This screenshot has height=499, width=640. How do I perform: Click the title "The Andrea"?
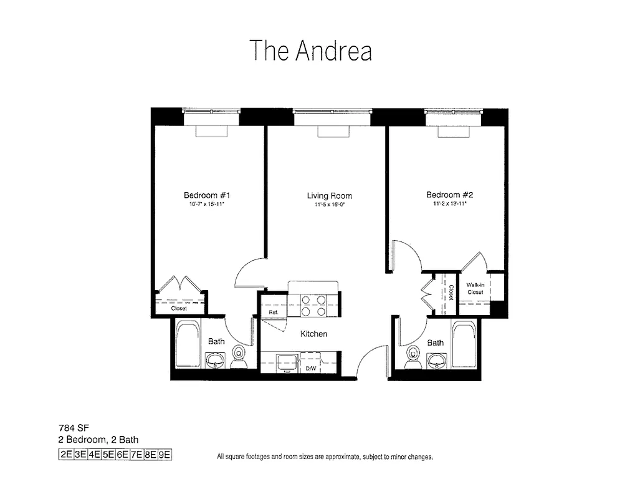coord(310,51)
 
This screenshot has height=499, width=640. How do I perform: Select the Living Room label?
coord(325,196)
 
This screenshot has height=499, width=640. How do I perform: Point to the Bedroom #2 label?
coord(447,195)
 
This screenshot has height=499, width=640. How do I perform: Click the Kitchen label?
coord(313,334)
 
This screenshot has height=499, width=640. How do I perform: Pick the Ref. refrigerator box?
coord(273,312)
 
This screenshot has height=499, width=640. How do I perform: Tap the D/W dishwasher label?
coord(310,369)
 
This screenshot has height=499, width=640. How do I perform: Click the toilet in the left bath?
coord(239,357)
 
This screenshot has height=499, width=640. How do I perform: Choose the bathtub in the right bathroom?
coord(464,344)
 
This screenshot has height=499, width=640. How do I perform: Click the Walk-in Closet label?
coord(475,288)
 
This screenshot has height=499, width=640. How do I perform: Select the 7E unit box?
coord(135,455)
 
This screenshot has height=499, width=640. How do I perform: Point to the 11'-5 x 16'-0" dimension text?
coord(325,204)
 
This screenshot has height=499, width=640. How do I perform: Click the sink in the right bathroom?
coord(436,360)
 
